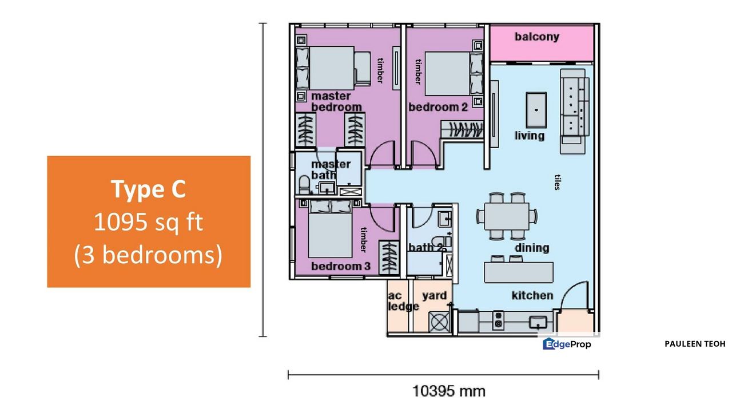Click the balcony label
(537, 37)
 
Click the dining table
(507, 216)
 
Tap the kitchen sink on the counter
(538, 322)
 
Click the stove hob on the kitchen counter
(498, 320)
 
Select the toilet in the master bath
(304, 185)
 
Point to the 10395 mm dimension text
(449, 391)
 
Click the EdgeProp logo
(567, 344)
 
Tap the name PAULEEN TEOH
(695, 344)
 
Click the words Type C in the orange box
(149, 189)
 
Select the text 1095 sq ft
(149, 222)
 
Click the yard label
(434, 296)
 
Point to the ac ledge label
(403, 301)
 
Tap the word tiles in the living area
(558, 183)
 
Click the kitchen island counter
(519, 272)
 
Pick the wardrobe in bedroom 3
(389, 257)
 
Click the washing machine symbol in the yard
(439, 322)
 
